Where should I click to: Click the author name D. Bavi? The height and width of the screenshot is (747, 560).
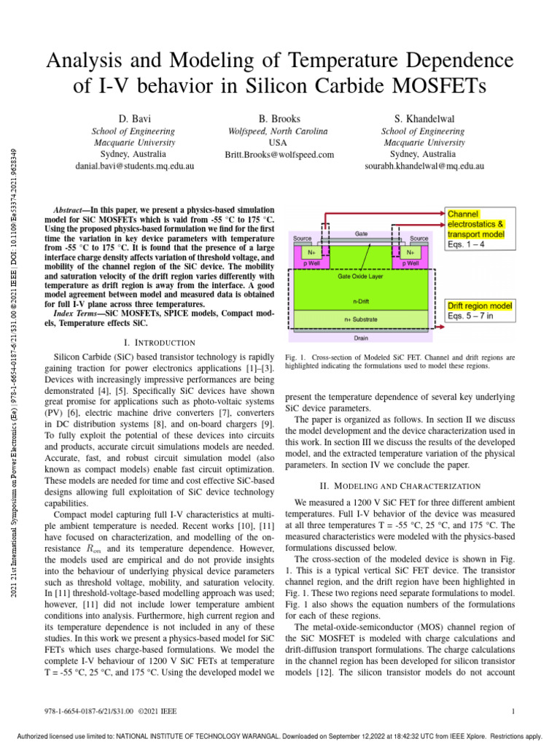[x=135, y=117]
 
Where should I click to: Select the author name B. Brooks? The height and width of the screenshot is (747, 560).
[x=279, y=117]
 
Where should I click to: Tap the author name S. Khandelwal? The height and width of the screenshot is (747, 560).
[x=424, y=117]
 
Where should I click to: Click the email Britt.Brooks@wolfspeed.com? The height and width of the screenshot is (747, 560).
[x=279, y=155]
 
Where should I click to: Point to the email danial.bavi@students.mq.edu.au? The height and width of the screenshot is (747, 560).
[x=135, y=166]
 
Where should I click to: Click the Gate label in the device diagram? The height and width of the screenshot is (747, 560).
[x=361, y=233]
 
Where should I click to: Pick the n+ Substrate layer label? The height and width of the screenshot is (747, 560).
[x=361, y=319]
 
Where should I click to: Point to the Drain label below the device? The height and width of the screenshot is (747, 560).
[x=361, y=338]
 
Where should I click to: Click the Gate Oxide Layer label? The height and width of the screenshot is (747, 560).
[x=361, y=277]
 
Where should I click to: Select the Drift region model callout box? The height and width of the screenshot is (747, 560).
[x=480, y=310]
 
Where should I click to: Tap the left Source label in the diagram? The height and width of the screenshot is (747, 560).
[x=303, y=239]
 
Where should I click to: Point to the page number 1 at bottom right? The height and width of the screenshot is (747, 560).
[x=514, y=712]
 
